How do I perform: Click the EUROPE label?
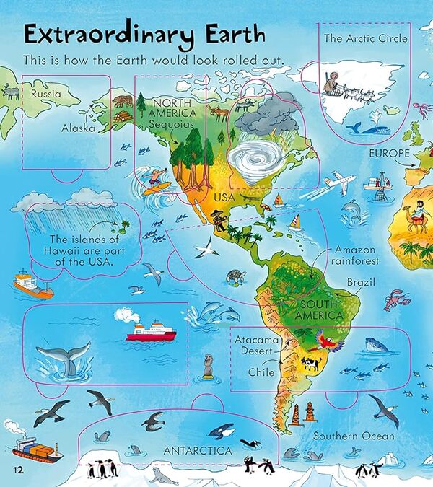click(390, 154)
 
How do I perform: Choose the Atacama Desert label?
click(255, 345)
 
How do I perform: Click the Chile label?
click(261, 372)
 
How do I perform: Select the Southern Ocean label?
click(354, 436)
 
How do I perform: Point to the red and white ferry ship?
click(151, 330)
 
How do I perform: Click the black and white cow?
click(311, 364)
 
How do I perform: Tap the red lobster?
click(396, 299)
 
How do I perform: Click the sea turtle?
click(235, 277)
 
